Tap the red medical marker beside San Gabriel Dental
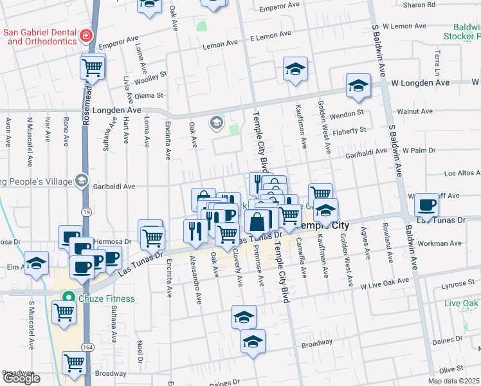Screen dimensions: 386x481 86,35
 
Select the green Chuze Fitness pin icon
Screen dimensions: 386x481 66,298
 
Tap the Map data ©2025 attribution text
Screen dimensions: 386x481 453,381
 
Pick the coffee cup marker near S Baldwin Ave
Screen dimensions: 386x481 426,206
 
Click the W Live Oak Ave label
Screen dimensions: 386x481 385,282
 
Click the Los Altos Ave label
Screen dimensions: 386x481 462,173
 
